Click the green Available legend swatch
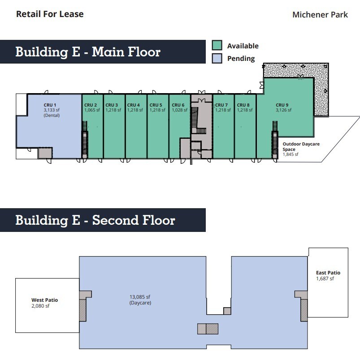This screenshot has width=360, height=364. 217,45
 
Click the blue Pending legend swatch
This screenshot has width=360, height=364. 217,58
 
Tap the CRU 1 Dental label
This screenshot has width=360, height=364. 52,110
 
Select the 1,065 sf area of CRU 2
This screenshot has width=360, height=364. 92,110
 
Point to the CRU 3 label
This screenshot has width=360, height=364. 112,105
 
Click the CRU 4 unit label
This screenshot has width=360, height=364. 134,105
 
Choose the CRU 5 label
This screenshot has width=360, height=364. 156,105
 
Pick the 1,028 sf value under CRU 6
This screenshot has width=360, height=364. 179,110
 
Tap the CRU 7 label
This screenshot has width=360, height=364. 221,105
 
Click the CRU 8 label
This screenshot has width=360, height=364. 243,105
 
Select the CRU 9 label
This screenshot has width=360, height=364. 282,105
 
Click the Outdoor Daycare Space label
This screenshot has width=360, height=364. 301,146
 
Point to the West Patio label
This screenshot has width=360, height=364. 45,300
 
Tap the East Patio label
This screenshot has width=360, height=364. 328,273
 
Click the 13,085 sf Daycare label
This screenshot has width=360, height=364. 140,300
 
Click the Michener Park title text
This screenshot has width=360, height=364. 320,15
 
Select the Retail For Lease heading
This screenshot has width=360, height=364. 50,14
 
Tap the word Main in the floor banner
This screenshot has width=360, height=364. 108,52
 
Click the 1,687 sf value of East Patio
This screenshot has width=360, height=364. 325,278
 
